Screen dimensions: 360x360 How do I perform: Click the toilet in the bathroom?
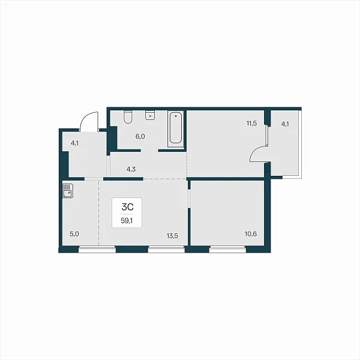pyautogui.click(x=128, y=117)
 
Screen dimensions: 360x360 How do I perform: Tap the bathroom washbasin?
pyautogui.click(x=150, y=115)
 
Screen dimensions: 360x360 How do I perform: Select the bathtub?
pyautogui.click(x=176, y=129)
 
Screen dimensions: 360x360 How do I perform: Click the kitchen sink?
pyautogui.click(x=67, y=191)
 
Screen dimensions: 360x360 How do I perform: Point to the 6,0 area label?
pyautogui.click(x=140, y=137)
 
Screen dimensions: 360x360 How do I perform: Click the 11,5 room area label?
pyautogui.click(x=251, y=124)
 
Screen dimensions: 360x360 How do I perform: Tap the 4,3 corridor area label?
pyautogui.click(x=131, y=169)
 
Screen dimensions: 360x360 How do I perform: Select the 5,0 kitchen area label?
pyautogui.click(x=74, y=234)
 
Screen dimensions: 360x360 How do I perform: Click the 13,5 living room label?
pyautogui.click(x=172, y=236)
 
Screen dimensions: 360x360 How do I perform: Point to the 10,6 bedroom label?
pyautogui.click(x=251, y=234)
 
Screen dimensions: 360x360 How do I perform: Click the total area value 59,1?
pyautogui.click(x=127, y=221)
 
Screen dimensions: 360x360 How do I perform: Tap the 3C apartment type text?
pyautogui.click(x=127, y=208)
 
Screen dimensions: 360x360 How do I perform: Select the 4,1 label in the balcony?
pyautogui.click(x=285, y=124)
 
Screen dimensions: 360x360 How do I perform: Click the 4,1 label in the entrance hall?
pyautogui.click(x=74, y=143)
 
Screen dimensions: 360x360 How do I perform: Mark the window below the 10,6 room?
pyautogui.click(x=227, y=250)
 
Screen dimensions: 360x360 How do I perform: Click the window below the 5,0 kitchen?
pyautogui.click(x=97, y=250)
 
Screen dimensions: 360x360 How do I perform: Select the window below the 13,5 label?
pyautogui.click(x=166, y=250)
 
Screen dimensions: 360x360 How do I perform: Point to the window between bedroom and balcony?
pyautogui.click(x=267, y=136)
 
